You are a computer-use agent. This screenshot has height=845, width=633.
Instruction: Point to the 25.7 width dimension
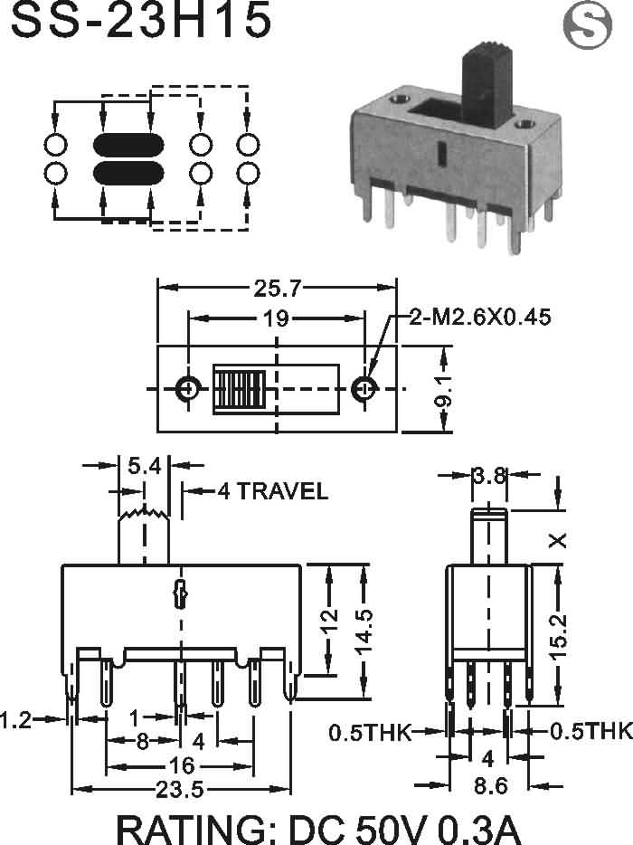(x=278, y=289)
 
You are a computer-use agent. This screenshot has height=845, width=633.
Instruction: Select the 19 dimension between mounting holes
(x=277, y=318)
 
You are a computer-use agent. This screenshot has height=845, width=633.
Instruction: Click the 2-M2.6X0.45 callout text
(x=479, y=317)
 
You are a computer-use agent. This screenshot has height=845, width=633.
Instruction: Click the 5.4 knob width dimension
(x=144, y=467)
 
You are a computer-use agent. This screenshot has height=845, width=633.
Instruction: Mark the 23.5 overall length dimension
(x=179, y=790)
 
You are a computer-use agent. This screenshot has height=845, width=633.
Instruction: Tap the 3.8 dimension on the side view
(x=489, y=477)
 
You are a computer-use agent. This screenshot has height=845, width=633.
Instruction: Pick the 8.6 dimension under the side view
(x=489, y=787)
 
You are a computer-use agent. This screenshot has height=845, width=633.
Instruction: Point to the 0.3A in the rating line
(x=477, y=828)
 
